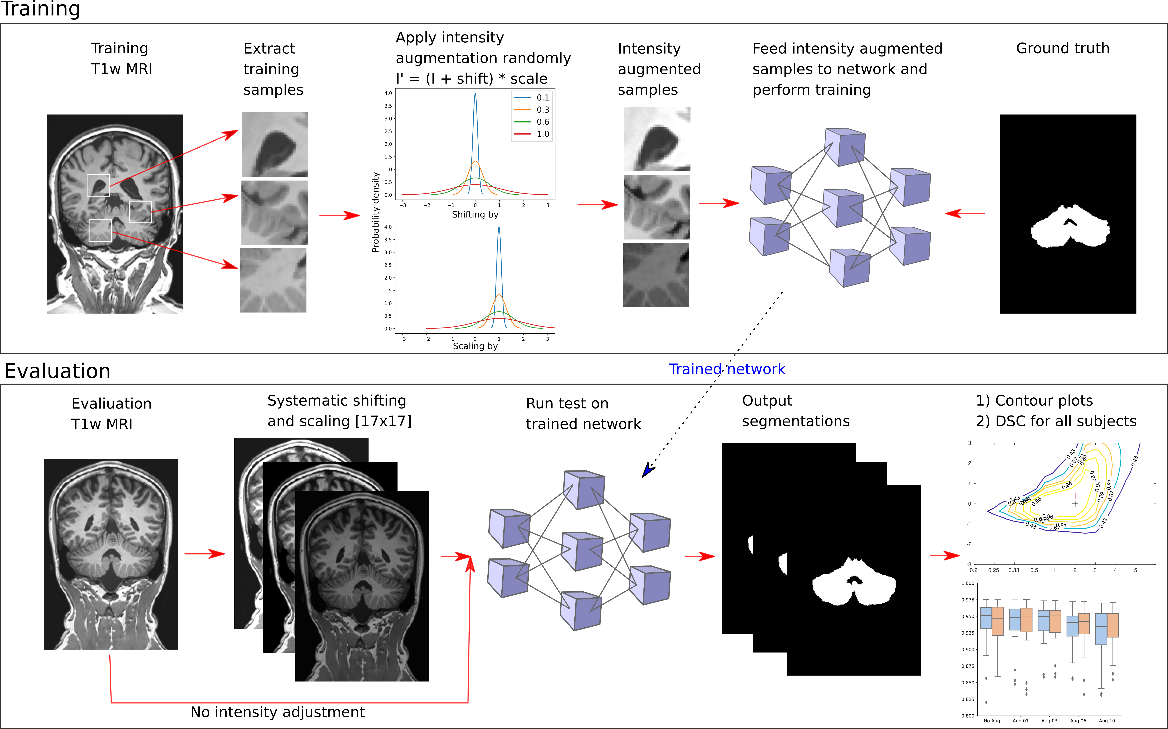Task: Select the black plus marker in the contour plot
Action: click(x=1075, y=504)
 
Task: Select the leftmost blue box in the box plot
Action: click(x=986, y=618)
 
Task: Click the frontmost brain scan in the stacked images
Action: click(x=361, y=586)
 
